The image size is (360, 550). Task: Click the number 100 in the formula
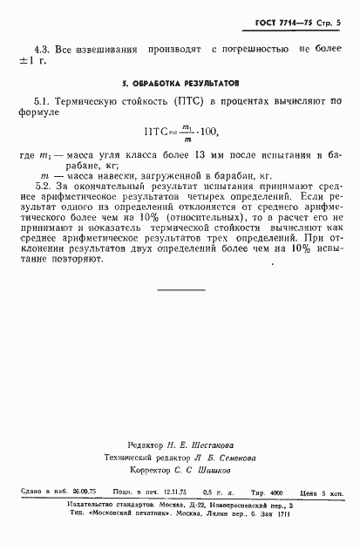[x=205, y=132]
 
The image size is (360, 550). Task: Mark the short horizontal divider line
[x=181, y=289]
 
